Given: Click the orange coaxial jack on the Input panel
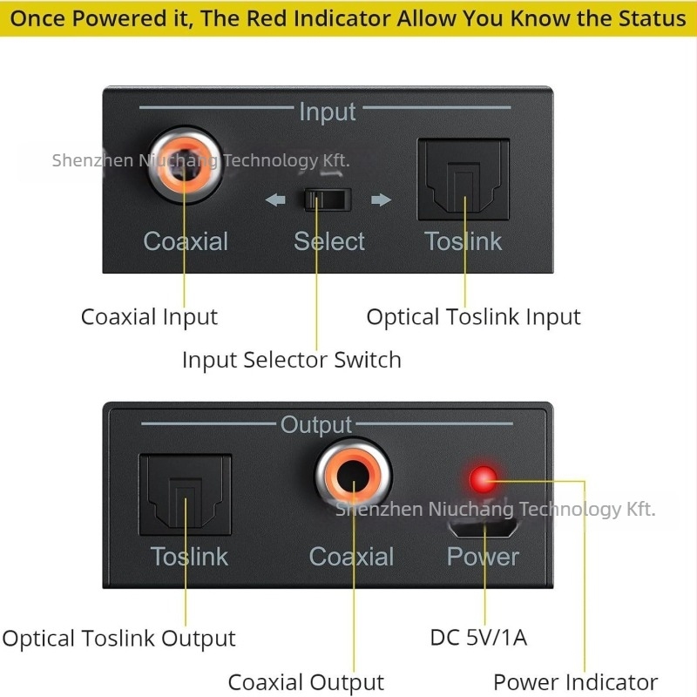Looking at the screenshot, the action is (x=184, y=165).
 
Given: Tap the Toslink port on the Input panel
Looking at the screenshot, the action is (x=464, y=179).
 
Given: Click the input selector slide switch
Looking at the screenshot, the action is (x=328, y=200).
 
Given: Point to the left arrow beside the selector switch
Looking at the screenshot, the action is (x=275, y=200).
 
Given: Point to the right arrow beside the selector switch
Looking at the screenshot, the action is (x=381, y=200).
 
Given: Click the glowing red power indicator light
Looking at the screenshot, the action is (x=484, y=479).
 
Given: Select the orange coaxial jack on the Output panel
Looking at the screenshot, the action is (x=354, y=476).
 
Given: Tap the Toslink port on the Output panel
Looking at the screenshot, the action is (x=186, y=494).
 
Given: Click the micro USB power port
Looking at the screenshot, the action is (x=483, y=528).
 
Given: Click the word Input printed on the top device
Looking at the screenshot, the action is (x=328, y=112).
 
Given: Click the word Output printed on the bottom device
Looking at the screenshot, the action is (x=316, y=424).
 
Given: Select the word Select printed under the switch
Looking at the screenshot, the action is (x=329, y=241).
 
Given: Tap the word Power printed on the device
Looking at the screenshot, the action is (x=483, y=557).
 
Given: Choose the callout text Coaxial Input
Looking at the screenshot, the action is (x=149, y=317).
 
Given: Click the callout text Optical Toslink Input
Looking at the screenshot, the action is (x=473, y=317).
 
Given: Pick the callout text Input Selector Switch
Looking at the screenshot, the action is (x=292, y=360).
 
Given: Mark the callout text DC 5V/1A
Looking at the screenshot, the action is (x=478, y=638).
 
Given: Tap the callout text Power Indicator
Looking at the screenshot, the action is (x=576, y=682).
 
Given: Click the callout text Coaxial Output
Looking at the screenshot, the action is (x=306, y=682).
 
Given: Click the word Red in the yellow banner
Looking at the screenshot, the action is (x=267, y=18).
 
